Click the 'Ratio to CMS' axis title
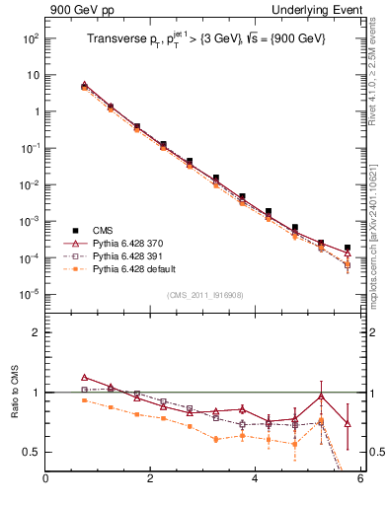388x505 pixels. click(x=14, y=392)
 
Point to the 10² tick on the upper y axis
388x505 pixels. click(x=29, y=38)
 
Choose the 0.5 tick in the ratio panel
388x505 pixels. click(x=33, y=452)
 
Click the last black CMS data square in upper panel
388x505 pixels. click(x=347, y=248)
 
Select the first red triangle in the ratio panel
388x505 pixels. click(x=85, y=377)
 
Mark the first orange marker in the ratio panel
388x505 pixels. click(x=85, y=400)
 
